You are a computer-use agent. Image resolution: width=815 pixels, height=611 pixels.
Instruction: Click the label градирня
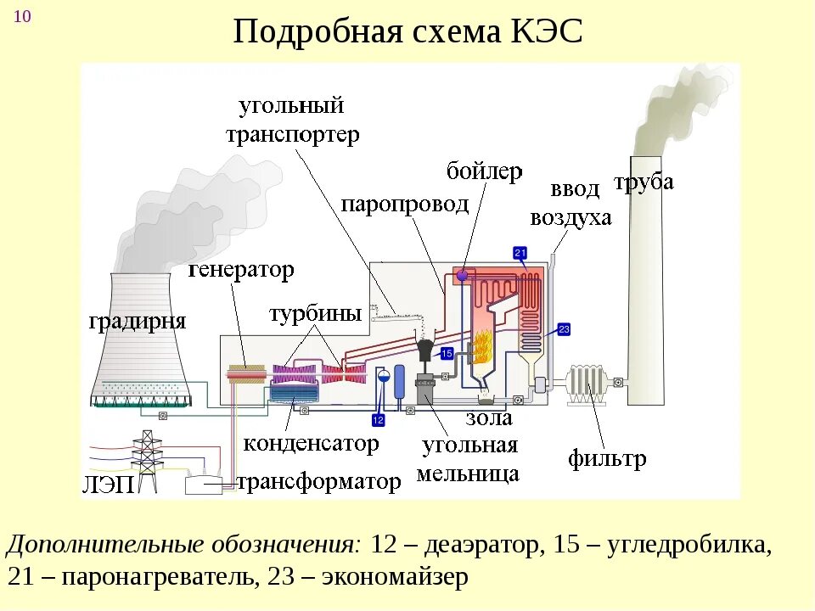pos(137,322)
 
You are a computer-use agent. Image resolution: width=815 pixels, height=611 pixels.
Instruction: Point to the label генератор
pos(240,271)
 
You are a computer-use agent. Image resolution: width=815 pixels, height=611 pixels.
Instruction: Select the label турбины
pos(315,313)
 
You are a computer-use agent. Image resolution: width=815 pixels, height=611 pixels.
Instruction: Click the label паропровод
pos(404,204)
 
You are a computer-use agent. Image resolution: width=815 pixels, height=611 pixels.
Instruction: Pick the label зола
pos(488,418)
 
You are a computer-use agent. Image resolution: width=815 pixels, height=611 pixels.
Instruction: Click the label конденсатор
pos(311,443)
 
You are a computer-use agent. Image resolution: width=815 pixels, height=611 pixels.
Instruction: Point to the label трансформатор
pos(318,483)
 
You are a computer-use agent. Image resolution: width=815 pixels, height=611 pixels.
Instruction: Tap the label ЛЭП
pos(108,485)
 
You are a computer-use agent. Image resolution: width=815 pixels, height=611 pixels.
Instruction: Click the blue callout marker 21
pos(520,252)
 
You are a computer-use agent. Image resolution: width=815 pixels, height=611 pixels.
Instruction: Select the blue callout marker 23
pos(563,328)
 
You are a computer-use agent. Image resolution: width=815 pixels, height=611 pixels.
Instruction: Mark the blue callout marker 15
pos(447,353)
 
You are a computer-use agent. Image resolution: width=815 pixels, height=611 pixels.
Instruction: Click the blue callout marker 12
pos(379,419)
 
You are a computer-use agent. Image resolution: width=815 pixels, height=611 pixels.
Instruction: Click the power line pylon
pos(148,458)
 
